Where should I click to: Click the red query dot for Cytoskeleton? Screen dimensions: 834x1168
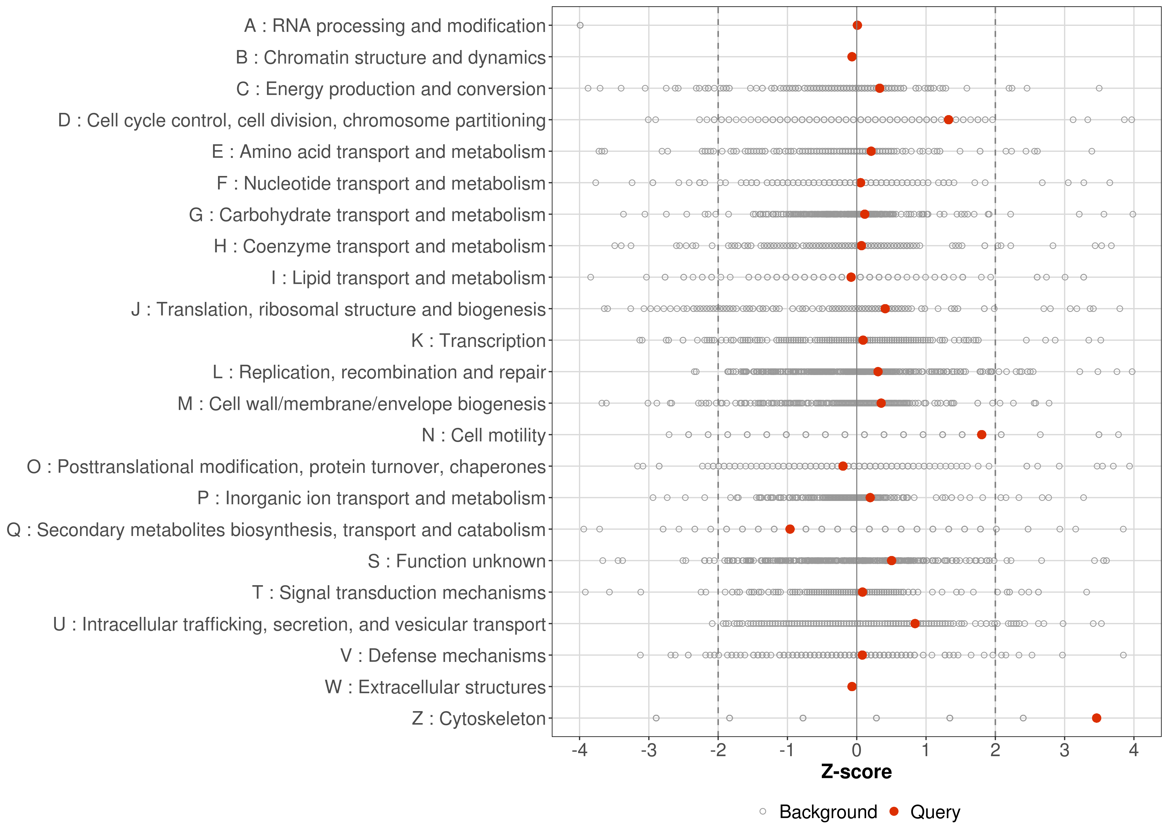pyautogui.click(x=1097, y=718)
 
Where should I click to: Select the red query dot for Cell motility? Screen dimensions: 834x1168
pyautogui.click(x=982, y=435)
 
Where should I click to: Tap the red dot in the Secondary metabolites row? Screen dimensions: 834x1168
pyautogui.click(x=790, y=529)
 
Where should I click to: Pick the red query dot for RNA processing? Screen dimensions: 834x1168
pyautogui.click(x=857, y=25)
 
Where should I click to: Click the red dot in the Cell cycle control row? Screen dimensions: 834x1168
pyautogui.click(x=949, y=120)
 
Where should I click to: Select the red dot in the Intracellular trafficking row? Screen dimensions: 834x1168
pyautogui.click(x=915, y=624)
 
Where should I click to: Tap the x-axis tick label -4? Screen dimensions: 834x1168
pyautogui.click(x=579, y=751)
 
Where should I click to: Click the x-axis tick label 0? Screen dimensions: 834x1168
pyautogui.click(x=857, y=751)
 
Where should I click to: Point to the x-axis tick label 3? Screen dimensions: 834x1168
pyautogui.click(x=1064, y=751)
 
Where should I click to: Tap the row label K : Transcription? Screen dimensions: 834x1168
pyautogui.click(x=478, y=341)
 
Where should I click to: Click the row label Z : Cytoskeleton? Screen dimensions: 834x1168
pyautogui.click(x=479, y=718)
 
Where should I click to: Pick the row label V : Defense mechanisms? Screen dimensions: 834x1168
pyautogui.click(x=443, y=656)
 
